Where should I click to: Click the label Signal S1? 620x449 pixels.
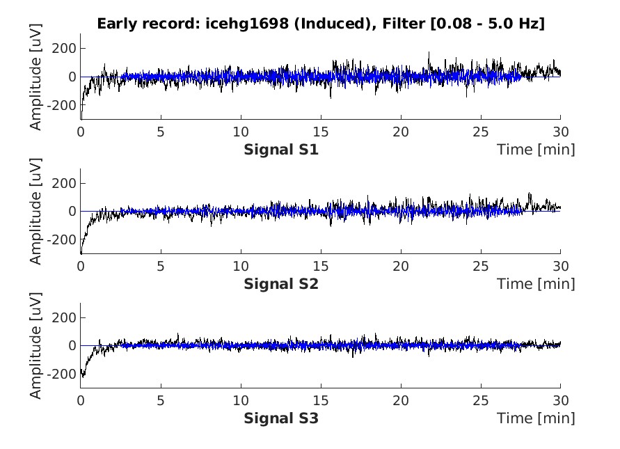pyautogui.click(x=281, y=149)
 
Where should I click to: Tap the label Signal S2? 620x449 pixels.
pyautogui.click(x=281, y=283)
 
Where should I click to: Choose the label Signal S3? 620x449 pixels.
pyautogui.click(x=281, y=418)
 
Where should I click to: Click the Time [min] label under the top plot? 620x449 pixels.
pyautogui.click(x=536, y=149)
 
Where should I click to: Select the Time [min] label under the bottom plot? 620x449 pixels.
pyautogui.click(x=536, y=418)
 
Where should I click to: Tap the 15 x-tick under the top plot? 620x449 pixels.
pyautogui.click(x=320, y=132)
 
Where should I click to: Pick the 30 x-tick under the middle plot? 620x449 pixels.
pyautogui.click(x=560, y=266)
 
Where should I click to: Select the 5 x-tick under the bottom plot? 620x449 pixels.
pyautogui.click(x=161, y=400)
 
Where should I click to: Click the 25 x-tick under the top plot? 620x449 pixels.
pyautogui.click(x=480, y=132)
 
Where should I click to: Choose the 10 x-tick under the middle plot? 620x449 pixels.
pyautogui.click(x=240, y=266)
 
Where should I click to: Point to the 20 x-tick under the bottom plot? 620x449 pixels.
pyautogui.click(x=400, y=400)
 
